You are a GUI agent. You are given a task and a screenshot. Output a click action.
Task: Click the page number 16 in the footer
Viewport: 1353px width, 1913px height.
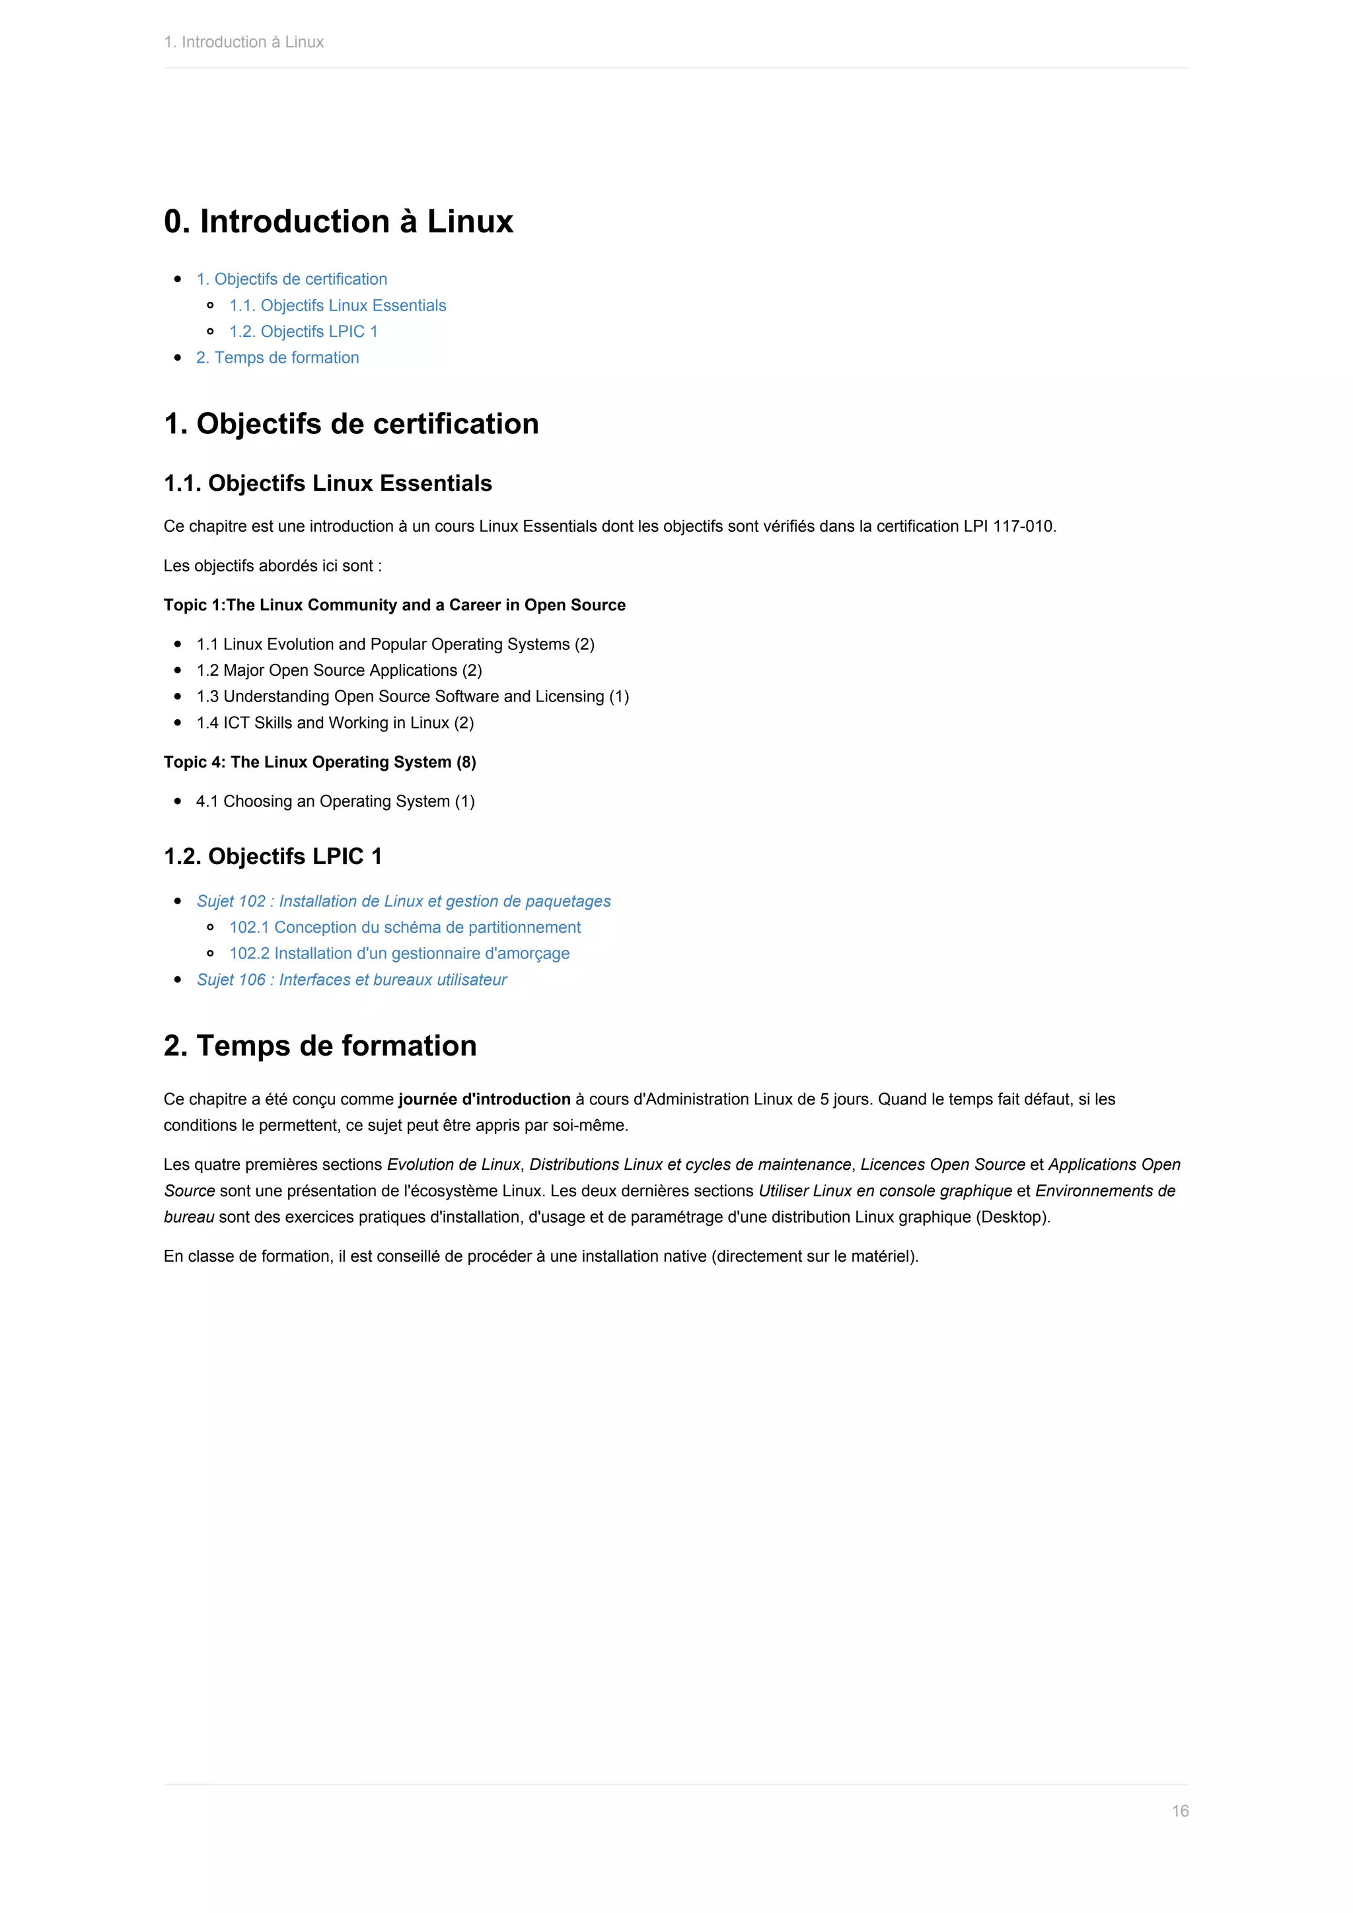(x=1180, y=1811)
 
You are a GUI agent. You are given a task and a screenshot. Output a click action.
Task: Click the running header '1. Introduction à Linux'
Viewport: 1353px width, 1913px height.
(x=243, y=42)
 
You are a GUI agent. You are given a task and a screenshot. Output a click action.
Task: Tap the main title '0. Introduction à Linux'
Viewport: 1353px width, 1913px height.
(x=338, y=222)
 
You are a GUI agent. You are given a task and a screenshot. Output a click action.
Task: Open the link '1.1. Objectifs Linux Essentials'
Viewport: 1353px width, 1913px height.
(x=338, y=305)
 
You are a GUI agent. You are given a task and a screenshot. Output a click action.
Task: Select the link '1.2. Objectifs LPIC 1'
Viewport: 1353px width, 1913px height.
(x=303, y=332)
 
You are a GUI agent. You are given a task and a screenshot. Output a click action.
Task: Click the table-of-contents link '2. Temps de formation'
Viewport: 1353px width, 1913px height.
(x=277, y=357)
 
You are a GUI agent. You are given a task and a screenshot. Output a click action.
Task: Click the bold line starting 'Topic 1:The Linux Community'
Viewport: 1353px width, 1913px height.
(x=394, y=605)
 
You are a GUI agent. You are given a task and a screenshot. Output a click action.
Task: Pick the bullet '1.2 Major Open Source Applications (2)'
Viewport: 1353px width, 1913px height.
(x=339, y=670)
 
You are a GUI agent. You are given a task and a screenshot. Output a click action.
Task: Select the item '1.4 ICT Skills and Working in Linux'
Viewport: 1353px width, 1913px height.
(x=335, y=723)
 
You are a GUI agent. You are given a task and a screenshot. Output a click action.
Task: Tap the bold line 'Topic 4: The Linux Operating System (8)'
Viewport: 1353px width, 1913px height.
(x=320, y=762)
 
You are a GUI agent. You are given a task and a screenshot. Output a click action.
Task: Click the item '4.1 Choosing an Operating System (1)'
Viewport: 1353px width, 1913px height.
(x=335, y=801)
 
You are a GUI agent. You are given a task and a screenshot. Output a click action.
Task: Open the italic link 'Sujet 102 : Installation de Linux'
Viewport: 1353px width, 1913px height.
(x=403, y=902)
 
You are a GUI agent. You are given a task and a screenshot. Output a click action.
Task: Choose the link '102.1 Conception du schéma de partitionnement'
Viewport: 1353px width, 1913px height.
(x=405, y=927)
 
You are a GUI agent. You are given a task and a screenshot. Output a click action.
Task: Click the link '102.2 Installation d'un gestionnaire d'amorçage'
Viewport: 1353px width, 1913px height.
(x=399, y=953)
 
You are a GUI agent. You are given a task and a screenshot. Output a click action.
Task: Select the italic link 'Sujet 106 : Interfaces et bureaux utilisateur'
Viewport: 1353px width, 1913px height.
(x=351, y=980)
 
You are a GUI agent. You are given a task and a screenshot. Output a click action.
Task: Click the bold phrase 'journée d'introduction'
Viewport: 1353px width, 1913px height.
(x=484, y=1099)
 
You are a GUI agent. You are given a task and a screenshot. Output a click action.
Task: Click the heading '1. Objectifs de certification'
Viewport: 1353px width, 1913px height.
(x=351, y=424)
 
